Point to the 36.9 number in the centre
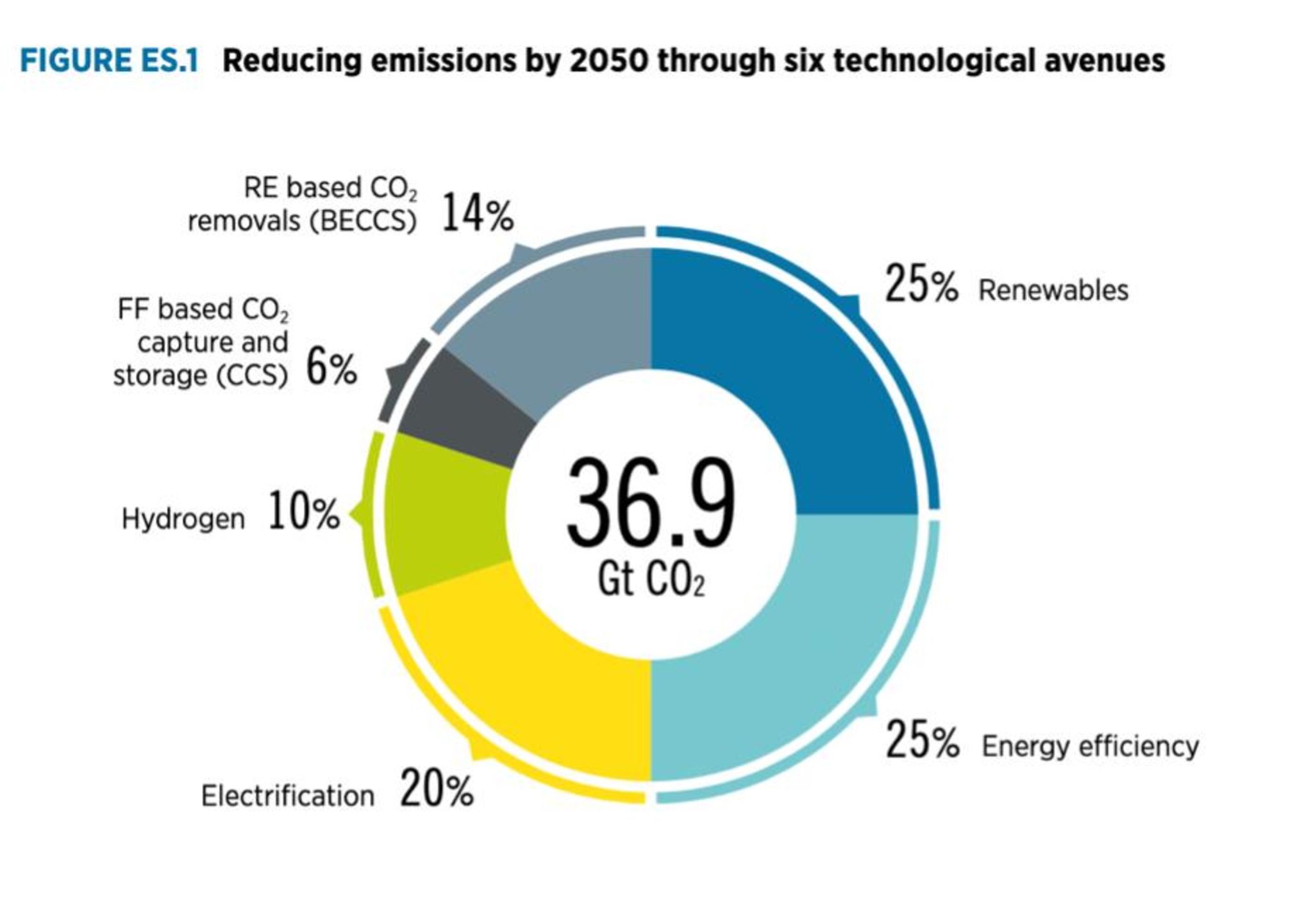coord(650,503)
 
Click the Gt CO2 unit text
coord(650,580)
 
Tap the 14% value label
coord(478,213)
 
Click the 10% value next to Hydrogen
coord(303,512)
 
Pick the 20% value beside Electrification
coord(437,789)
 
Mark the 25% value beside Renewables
coord(921,285)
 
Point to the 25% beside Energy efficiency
coord(922,740)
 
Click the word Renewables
coord(1053,290)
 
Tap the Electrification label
coord(288,796)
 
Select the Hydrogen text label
coord(183,519)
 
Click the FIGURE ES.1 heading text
coord(109,61)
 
